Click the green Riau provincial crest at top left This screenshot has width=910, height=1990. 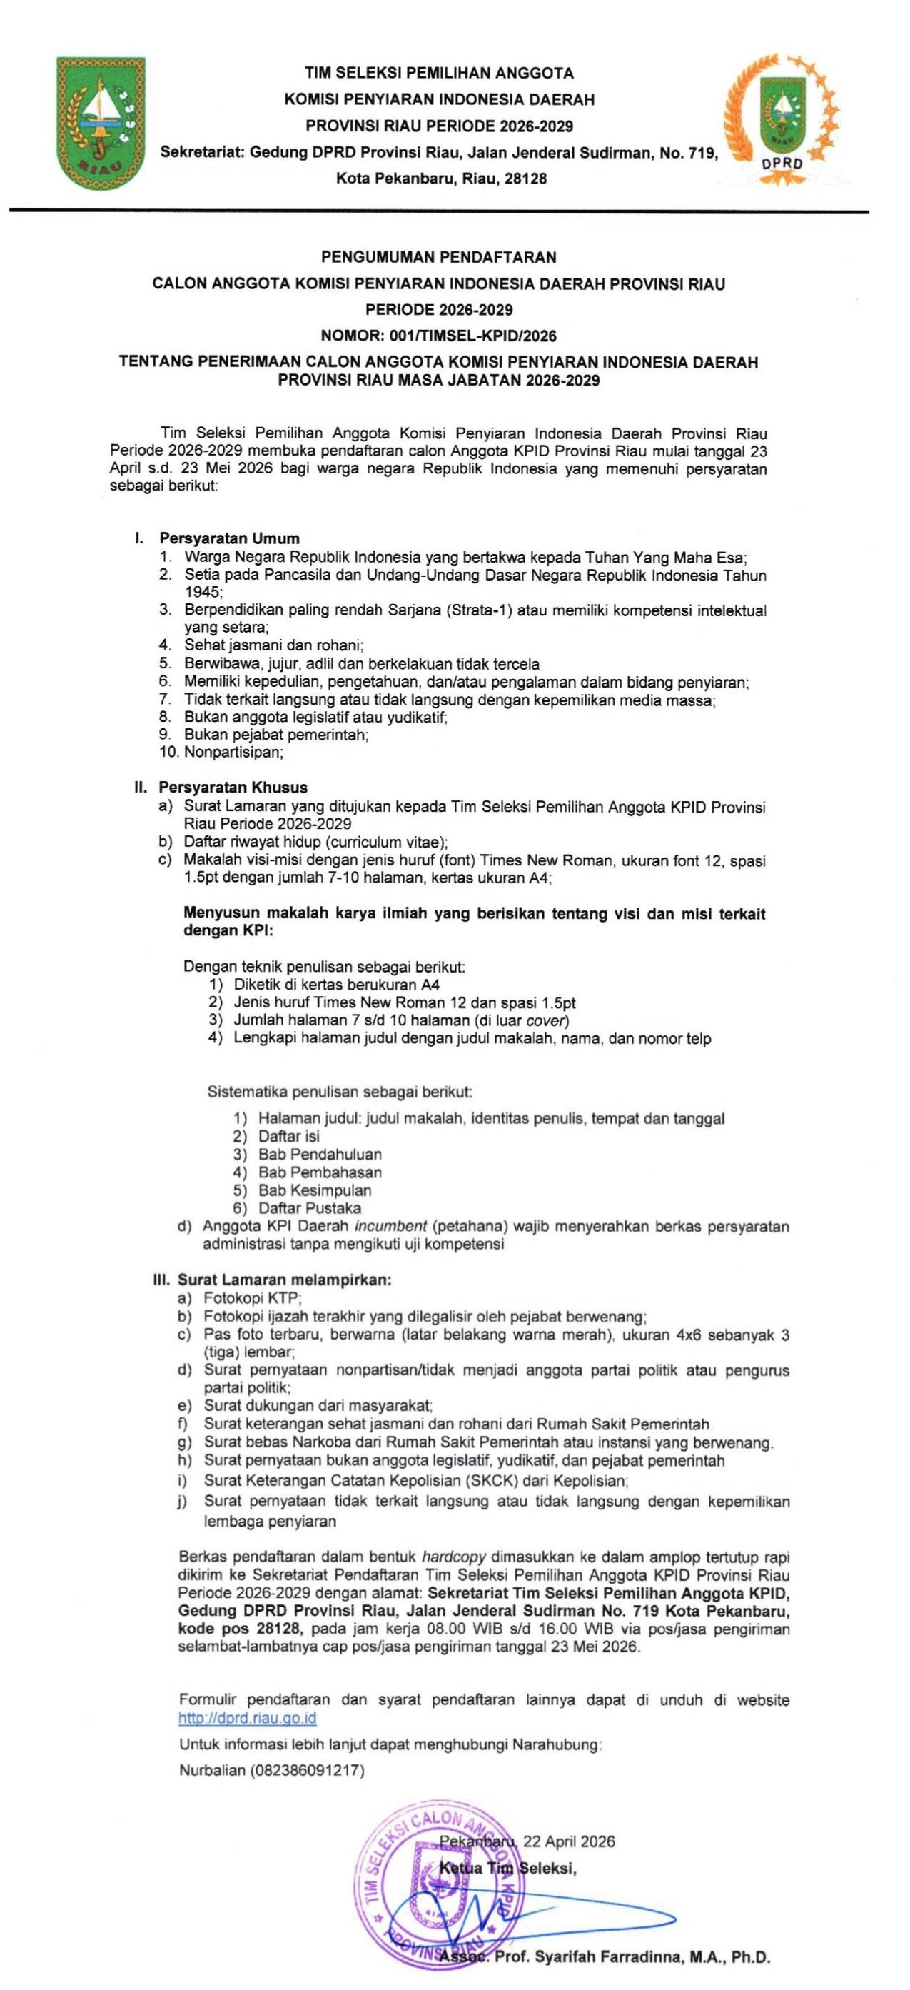102,124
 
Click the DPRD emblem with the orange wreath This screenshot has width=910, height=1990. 782,117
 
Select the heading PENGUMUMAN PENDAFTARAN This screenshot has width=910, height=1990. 439,257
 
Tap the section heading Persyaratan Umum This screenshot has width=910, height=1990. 229,538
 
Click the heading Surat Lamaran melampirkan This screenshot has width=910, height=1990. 285,1280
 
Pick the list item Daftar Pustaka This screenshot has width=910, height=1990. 310,1207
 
